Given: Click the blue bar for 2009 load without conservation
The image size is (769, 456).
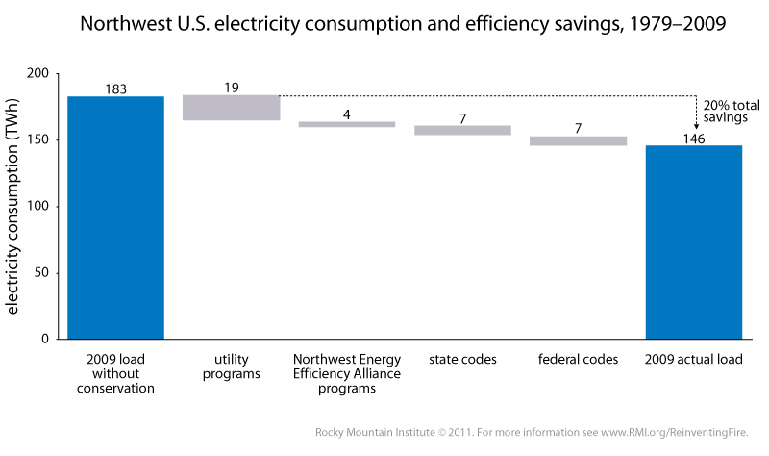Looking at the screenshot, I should (115, 217).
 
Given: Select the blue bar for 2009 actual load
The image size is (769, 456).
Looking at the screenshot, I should (693, 241).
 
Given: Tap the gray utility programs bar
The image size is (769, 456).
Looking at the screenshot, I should (231, 108).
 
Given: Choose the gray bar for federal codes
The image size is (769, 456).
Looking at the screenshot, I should (578, 140).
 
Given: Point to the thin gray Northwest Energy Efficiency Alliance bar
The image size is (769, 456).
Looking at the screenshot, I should (346, 124).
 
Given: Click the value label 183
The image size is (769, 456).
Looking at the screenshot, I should (115, 89).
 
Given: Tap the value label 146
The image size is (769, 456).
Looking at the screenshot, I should (693, 139).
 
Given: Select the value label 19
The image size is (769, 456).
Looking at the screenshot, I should (231, 88).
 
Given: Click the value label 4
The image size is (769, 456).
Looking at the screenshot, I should (346, 114).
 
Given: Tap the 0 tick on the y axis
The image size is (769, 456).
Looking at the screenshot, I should (44, 340).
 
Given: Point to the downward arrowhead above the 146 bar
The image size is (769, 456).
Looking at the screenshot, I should (696, 125).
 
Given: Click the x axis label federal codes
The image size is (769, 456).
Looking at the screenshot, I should (578, 360).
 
